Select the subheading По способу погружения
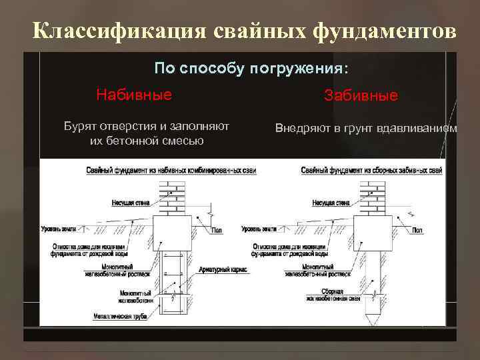pyautogui.click(x=251, y=69)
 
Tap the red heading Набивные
pyautogui.click(x=133, y=95)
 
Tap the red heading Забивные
pyautogui.click(x=361, y=96)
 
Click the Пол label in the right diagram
pyautogui.click(x=417, y=230)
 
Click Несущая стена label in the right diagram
pyautogui.click(x=331, y=202)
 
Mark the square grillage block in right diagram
pyautogui.click(x=371, y=233)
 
